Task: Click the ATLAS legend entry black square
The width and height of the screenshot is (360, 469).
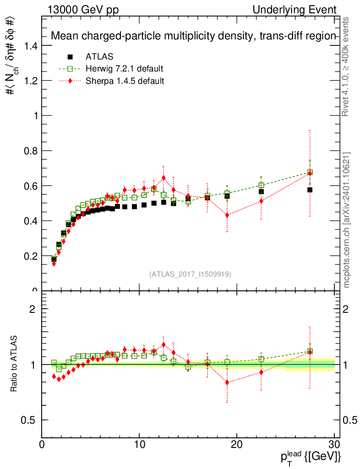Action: click(70, 57)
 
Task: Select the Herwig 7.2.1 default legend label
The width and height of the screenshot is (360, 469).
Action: click(124, 69)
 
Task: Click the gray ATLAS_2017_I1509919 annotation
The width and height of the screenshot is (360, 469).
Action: click(190, 274)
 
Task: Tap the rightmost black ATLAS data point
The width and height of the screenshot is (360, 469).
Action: click(310, 190)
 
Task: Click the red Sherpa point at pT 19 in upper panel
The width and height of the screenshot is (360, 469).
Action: click(227, 215)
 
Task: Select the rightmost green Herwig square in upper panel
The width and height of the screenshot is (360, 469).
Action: click(310, 173)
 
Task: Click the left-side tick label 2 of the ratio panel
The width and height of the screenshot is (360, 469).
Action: click(33, 309)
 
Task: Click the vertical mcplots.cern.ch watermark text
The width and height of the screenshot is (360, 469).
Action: click(347, 220)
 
